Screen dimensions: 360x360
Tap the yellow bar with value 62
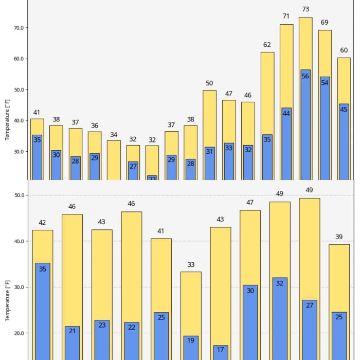click(267, 93)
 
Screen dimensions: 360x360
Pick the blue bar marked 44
click(286, 144)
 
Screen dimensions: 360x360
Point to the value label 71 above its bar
click(286, 16)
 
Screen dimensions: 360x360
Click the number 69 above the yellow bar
click(325, 23)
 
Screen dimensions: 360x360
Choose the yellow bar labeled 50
click(209, 118)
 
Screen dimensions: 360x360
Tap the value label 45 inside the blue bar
click(344, 109)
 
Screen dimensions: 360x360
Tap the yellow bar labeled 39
click(339, 278)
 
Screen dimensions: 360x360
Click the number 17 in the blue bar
click(220, 350)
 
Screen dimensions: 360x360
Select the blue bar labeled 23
click(102, 340)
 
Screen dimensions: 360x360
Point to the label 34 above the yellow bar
click(114, 135)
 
